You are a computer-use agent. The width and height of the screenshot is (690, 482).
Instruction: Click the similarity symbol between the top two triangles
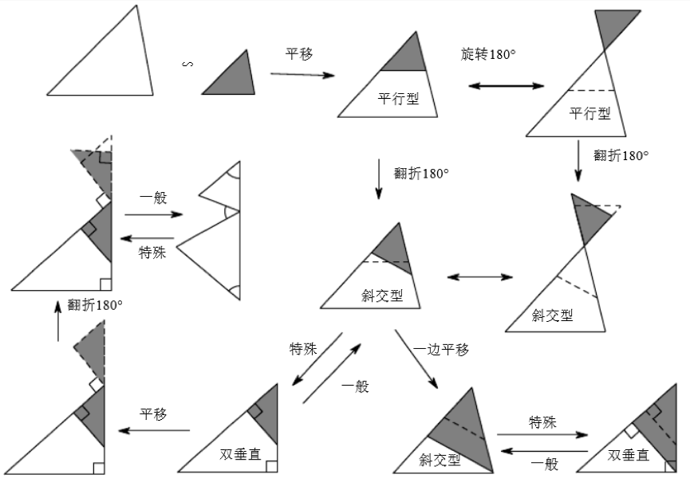(189, 63)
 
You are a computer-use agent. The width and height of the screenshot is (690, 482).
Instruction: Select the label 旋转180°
(487, 55)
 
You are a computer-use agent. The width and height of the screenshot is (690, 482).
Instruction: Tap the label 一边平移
(440, 350)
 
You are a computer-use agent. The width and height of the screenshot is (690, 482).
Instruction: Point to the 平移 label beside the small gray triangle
(300, 54)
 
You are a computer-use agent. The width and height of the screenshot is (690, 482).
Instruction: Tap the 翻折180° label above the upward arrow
(94, 304)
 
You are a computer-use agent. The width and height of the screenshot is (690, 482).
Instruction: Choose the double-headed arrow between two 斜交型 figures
(479, 277)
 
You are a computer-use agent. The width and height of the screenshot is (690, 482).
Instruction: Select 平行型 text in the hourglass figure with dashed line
(590, 114)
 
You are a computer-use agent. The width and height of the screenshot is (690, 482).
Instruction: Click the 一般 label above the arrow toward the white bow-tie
(153, 198)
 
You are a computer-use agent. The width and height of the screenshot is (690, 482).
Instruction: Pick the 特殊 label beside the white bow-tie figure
(153, 253)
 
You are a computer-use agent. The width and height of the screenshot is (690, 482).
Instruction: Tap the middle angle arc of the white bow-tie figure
(231, 212)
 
